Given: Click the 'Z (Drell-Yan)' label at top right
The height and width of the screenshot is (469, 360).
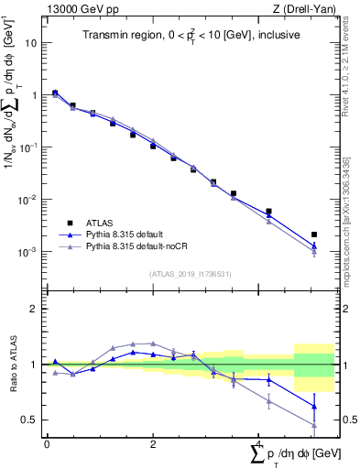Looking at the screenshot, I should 304,8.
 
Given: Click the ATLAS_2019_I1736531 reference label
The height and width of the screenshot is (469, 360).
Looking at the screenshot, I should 191,274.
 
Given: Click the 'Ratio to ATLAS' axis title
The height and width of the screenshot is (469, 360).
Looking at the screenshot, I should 12,365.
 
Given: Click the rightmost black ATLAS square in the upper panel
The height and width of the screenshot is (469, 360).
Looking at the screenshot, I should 314,234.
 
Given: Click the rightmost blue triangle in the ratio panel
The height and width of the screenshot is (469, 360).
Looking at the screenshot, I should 314,406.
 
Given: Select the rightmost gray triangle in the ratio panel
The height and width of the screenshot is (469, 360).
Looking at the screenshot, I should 314,424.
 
